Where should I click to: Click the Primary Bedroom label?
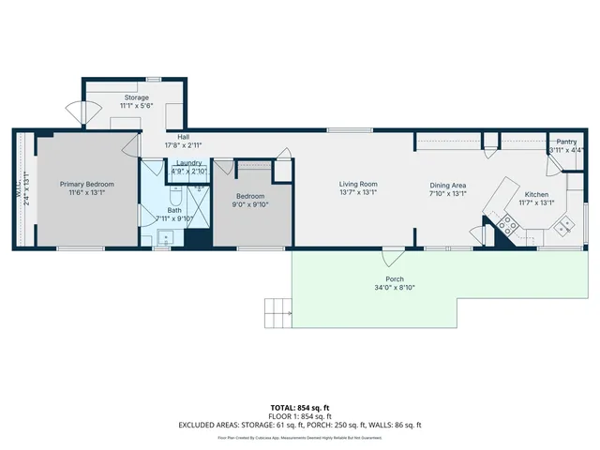[x=86, y=185]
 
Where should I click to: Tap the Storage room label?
[x=138, y=97]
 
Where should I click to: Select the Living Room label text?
[x=357, y=185]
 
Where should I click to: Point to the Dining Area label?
[x=447, y=185]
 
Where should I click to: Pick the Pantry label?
[x=566, y=142]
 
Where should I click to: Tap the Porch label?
[x=394, y=278]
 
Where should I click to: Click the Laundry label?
[x=189, y=163]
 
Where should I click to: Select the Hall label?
[x=172, y=137]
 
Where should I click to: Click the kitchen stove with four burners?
[x=507, y=223]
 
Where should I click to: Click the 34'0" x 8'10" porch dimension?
[x=394, y=288]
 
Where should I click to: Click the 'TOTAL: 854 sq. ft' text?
[x=300, y=408]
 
